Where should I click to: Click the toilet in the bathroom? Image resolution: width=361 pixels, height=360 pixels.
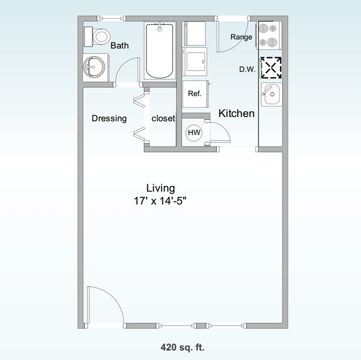(x=98, y=37)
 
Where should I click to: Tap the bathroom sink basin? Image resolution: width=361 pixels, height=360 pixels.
(x=93, y=68)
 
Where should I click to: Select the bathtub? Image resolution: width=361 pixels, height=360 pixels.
(x=160, y=50)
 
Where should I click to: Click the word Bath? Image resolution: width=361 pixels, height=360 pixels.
(x=120, y=45)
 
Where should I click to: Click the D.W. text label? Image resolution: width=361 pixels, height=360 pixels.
(x=246, y=69)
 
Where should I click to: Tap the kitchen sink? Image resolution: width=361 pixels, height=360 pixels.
(x=272, y=95)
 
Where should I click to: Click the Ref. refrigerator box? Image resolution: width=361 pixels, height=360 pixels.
(x=195, y=94)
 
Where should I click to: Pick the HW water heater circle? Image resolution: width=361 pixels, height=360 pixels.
(x=194, y=133)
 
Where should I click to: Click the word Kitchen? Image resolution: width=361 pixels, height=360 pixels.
(x=237, y=114)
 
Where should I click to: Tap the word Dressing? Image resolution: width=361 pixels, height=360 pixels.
(x=109, y=118)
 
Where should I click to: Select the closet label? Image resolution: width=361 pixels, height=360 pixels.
(x=163, y=118)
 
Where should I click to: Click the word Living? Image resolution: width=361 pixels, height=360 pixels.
(x=161, y=187)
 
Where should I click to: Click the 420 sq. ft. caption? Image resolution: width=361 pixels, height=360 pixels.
(x=180, y=348)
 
